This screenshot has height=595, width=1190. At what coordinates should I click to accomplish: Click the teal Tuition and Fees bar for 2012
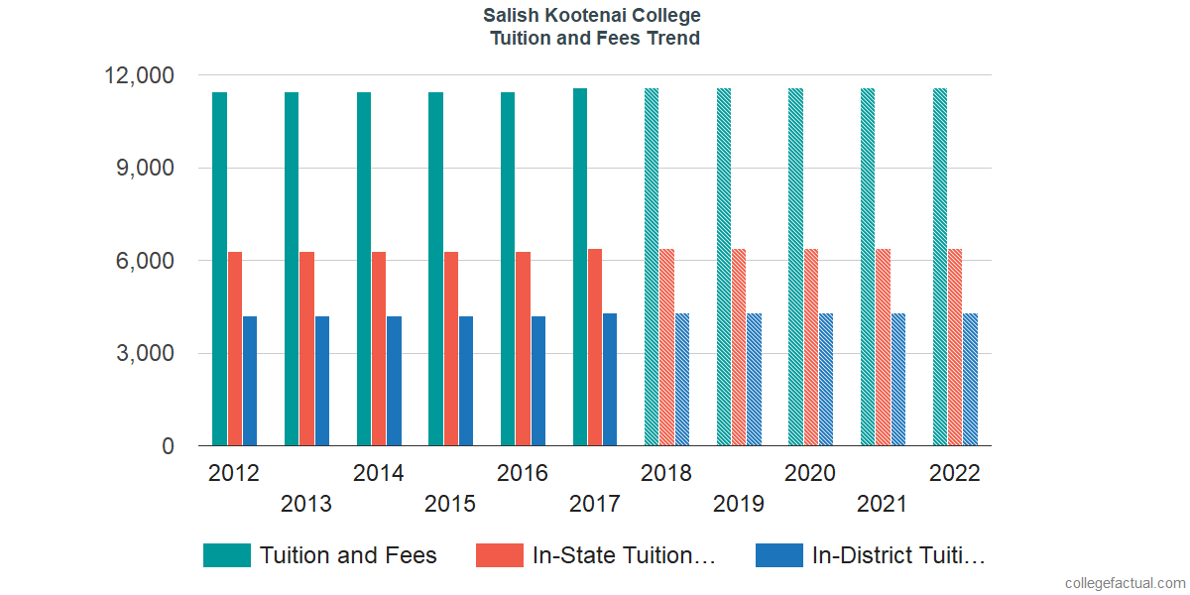point(219,269)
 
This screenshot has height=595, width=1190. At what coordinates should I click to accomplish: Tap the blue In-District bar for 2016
point(538,381)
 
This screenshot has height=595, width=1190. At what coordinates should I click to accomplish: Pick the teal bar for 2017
point(580,267)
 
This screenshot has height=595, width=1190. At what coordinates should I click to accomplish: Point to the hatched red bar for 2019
point(739,347)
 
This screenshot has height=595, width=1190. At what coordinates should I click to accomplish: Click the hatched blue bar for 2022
point(970,380)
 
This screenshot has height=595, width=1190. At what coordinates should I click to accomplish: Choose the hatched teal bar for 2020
point(795,267)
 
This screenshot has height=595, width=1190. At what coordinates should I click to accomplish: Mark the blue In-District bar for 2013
point(322,381)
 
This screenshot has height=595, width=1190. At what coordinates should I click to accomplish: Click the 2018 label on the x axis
point(666,473)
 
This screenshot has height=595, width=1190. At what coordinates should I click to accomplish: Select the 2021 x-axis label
point(883,504)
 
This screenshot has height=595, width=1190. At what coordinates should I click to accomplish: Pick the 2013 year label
point(306,504)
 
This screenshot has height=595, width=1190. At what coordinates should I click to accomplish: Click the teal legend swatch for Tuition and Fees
point(226,555)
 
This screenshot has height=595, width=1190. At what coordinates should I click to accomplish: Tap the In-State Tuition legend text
point(624,555)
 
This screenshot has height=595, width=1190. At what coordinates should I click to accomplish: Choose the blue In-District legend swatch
point(778,555)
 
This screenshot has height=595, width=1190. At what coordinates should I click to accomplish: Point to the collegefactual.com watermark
point(1125,582)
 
